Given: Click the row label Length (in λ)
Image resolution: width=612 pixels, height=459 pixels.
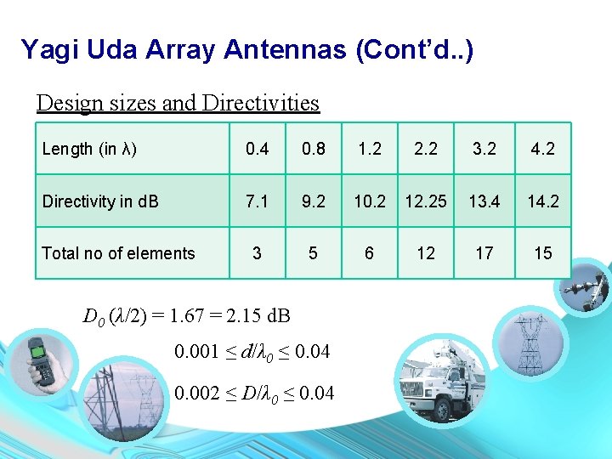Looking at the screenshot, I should [89, 149].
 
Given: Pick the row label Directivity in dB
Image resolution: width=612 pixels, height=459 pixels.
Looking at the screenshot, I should [100, 201].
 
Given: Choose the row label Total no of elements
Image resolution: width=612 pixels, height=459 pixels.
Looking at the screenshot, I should [118, 253].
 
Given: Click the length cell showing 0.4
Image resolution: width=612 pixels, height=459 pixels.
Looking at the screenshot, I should [257, 149].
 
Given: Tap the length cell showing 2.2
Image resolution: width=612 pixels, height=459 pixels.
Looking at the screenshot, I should [426, 149].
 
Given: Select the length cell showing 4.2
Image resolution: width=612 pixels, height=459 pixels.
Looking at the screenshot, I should [542, 149].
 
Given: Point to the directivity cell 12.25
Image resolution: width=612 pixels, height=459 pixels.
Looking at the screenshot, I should [426, 201].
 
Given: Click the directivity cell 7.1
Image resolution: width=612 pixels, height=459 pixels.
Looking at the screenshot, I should [257, 201].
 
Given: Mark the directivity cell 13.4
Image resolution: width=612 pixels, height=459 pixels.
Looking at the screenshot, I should [484, 201].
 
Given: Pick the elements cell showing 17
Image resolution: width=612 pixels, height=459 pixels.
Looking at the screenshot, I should [484, 253].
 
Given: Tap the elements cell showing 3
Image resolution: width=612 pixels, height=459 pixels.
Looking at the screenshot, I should [257, 253].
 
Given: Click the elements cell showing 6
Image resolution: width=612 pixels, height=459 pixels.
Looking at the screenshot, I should [370, 253].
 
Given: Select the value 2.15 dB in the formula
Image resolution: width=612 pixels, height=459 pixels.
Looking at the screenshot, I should [254, 316].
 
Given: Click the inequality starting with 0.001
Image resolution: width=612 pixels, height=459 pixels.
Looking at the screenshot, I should [252, 351].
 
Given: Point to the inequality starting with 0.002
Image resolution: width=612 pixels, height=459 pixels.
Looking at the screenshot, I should [254, 392].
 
